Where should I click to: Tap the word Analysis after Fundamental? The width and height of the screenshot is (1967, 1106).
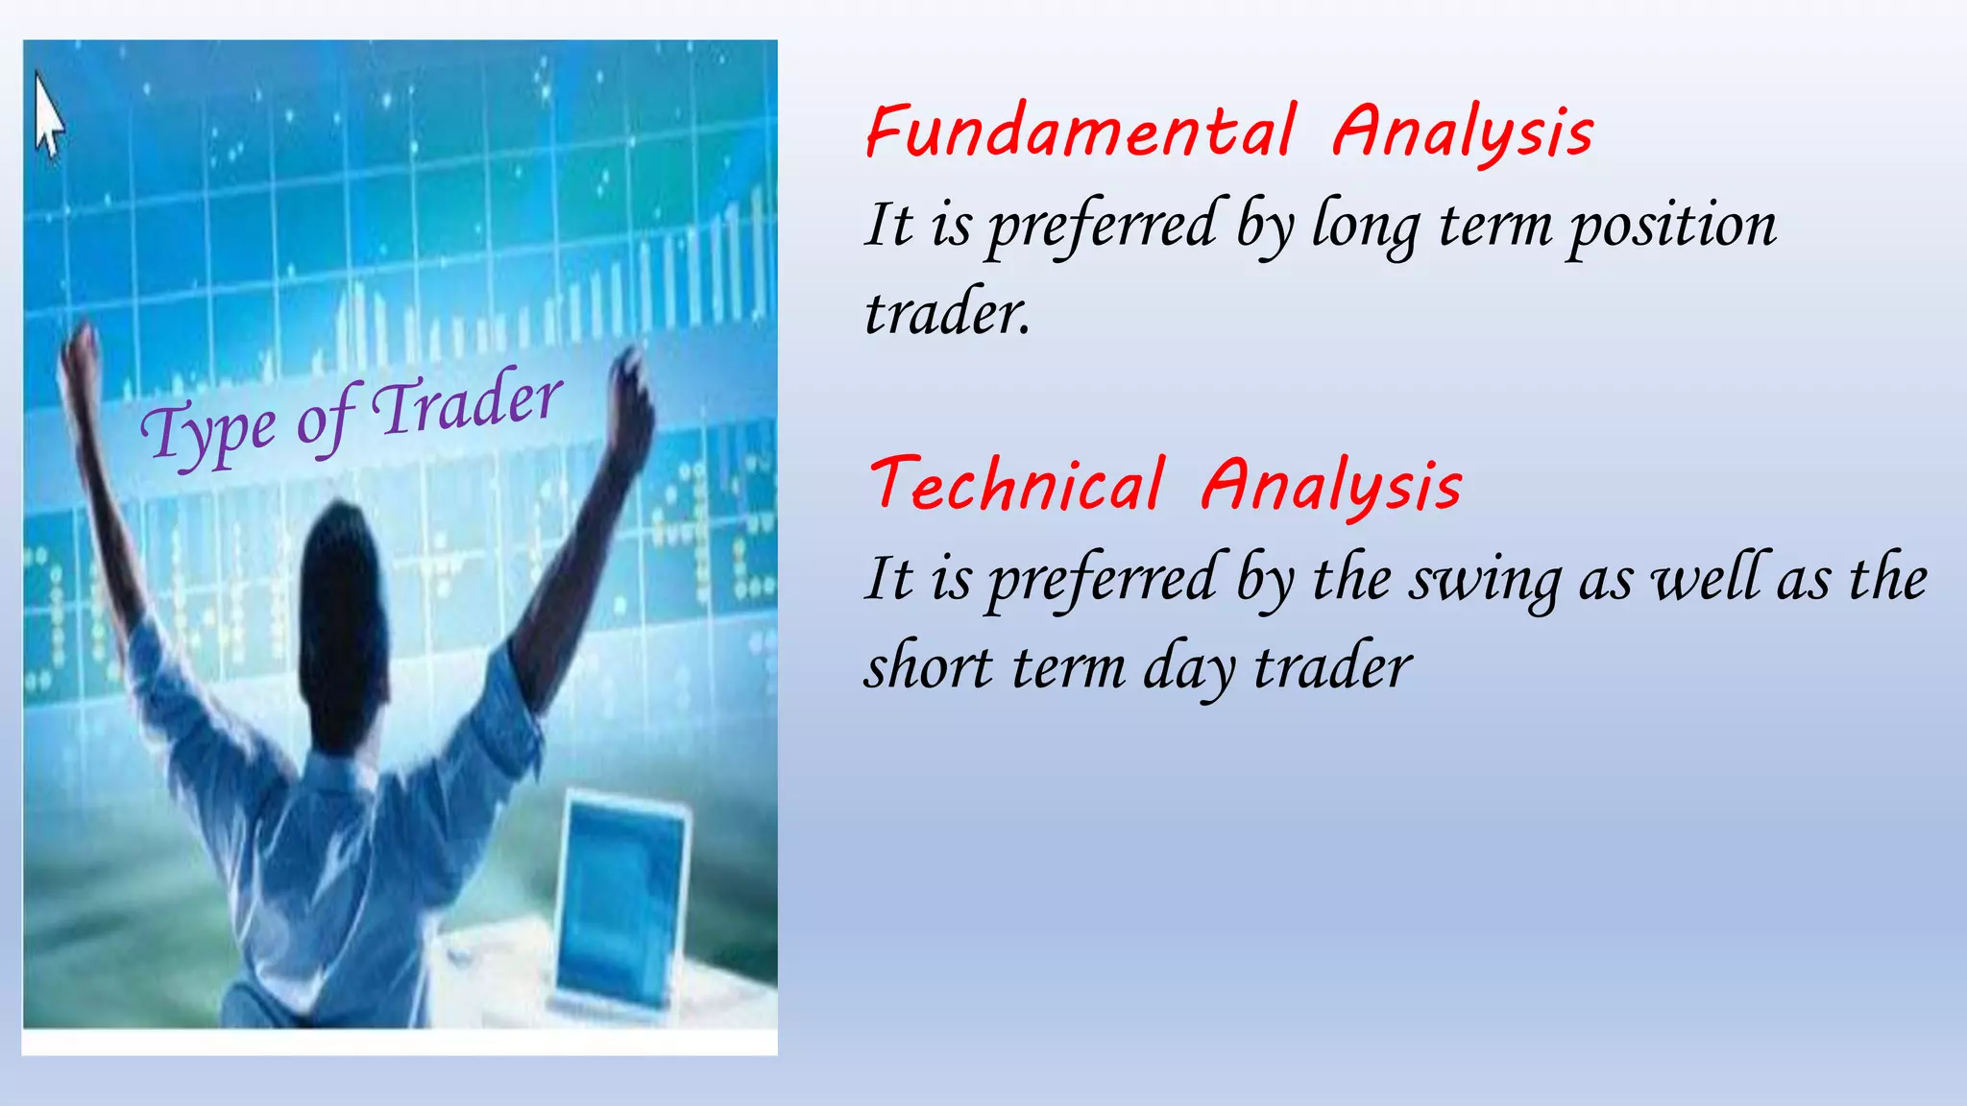(1462, 134)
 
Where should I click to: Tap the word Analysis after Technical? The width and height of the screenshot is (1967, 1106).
(1331, 487)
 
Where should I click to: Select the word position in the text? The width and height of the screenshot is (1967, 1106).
(1672, 228)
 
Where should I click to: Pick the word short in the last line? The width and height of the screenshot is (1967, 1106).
(928, 666)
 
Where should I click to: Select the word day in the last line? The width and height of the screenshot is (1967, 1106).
(1188, 669)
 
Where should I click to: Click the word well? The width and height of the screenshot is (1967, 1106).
(1709, 579)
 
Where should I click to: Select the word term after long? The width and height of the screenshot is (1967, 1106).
(1494, 228)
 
